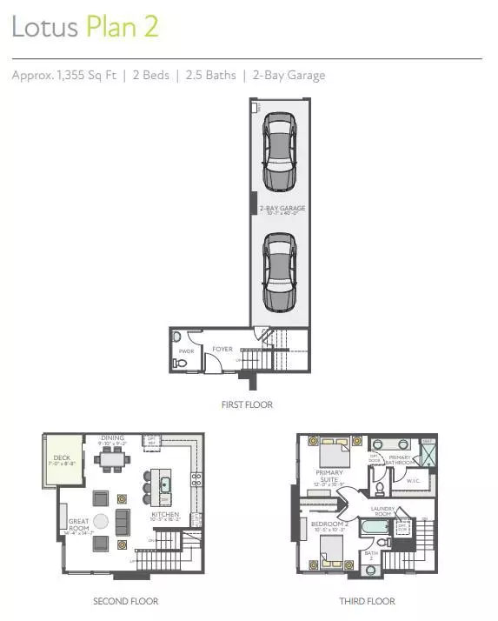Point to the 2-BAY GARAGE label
click(x=282, y=209)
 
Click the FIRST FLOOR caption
click(x=248, y=404)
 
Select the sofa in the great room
click(x=123, y=522)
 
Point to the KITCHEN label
click(x=165, y=514)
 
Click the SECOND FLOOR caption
click(x=126, y=601)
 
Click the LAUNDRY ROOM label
click(x=383, y=511)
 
